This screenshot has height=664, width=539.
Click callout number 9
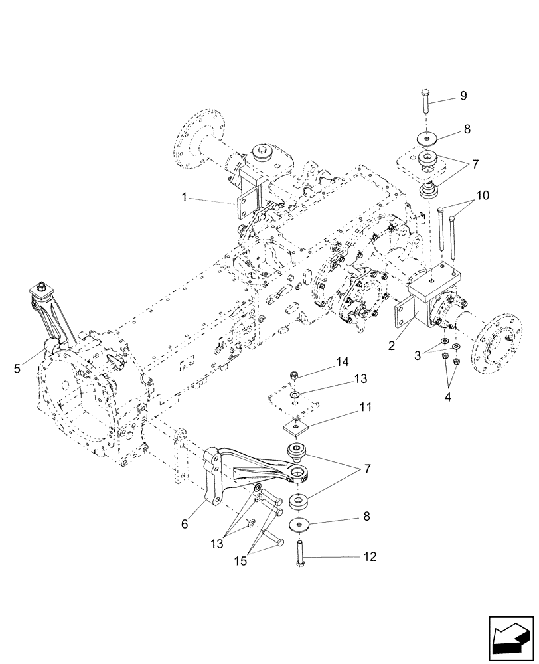(x=463, y=96)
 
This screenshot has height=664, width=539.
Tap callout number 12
(x=369, y=557)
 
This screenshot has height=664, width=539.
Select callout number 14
(x=342, y=361)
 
